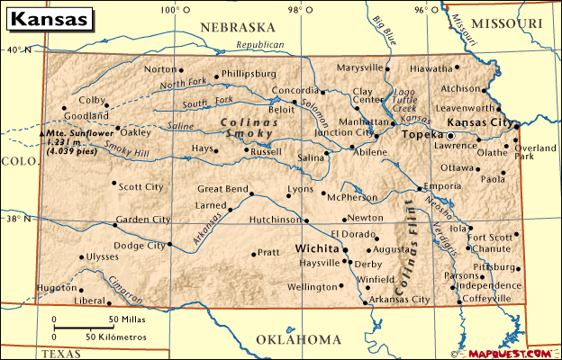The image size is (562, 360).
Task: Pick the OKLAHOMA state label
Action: tap(298, 339)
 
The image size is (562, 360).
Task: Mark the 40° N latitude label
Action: tap(19, 50)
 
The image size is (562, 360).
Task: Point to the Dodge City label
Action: tap(139, 245)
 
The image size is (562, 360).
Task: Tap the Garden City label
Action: tap(142, 219)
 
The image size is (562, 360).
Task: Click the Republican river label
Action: tap(259, 45)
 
